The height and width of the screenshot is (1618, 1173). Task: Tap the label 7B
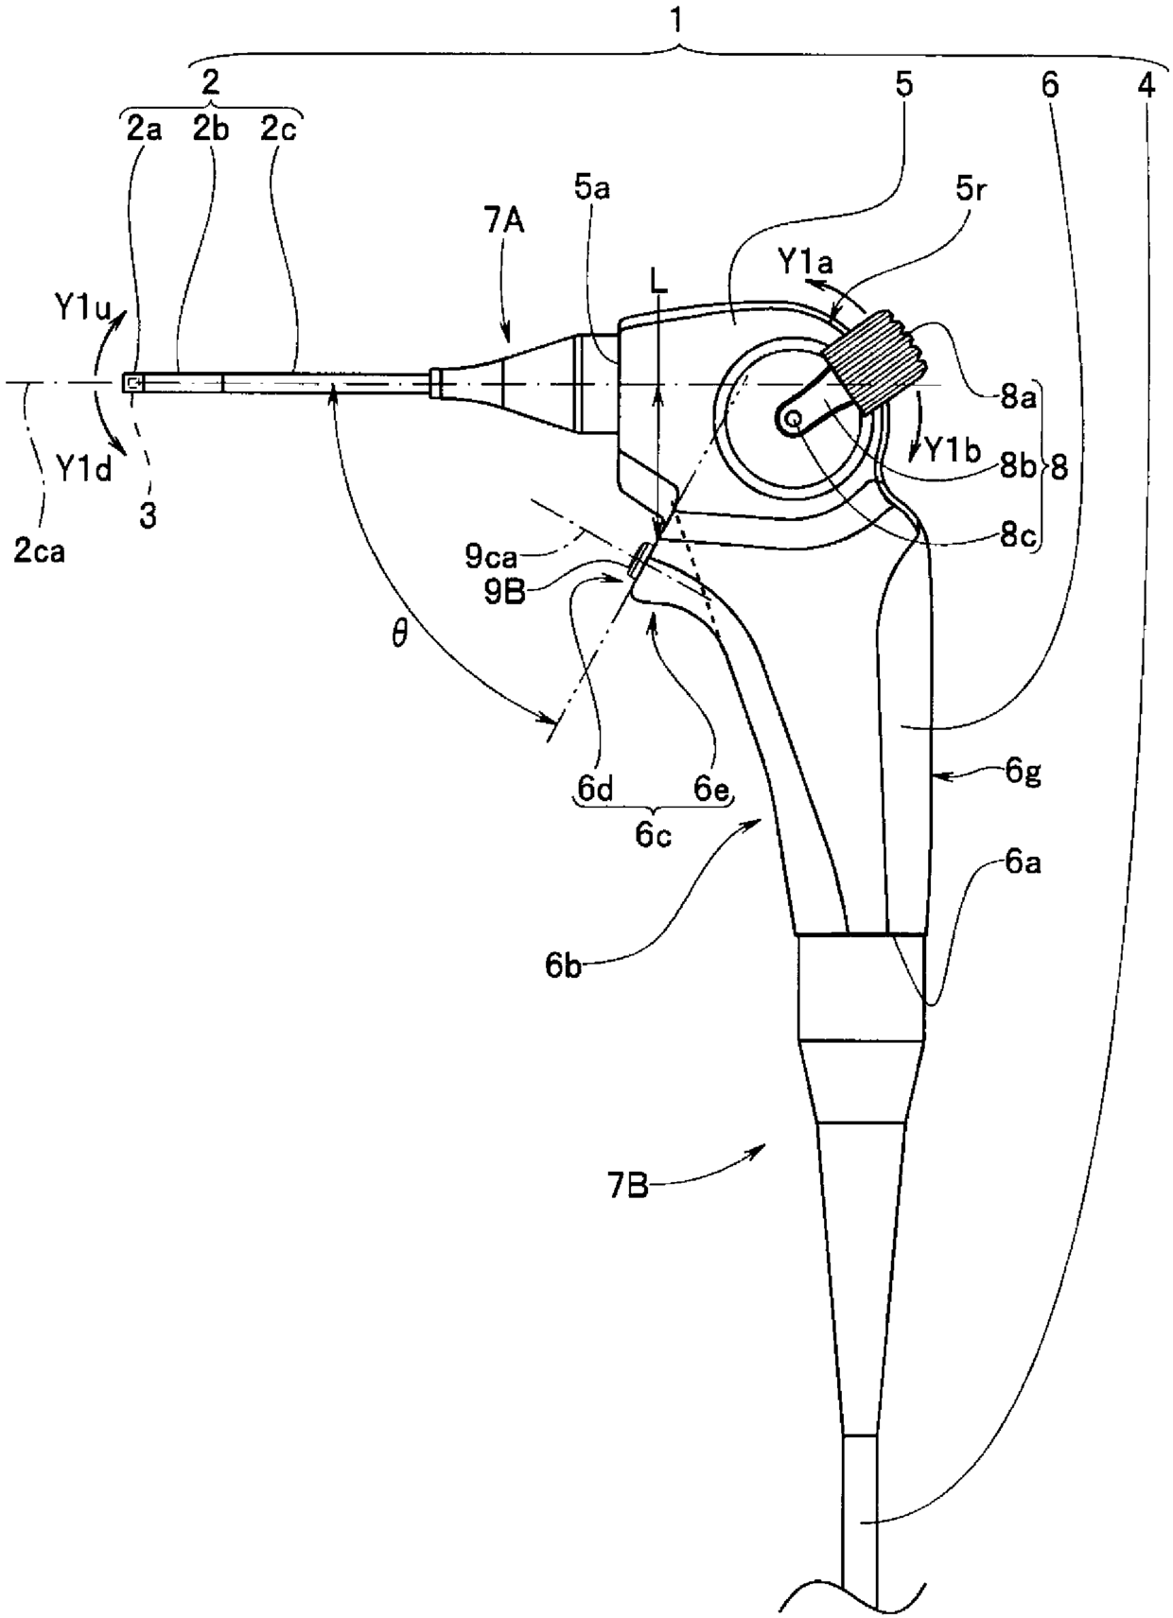(x=627, y=1184)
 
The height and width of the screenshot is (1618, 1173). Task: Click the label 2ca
(x=40, y=550)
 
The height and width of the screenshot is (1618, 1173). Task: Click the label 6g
(x=1025, y=773)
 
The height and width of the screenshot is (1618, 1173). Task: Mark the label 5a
(x=591, y=188)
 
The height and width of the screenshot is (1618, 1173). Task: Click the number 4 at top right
(x=1146, y=85)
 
